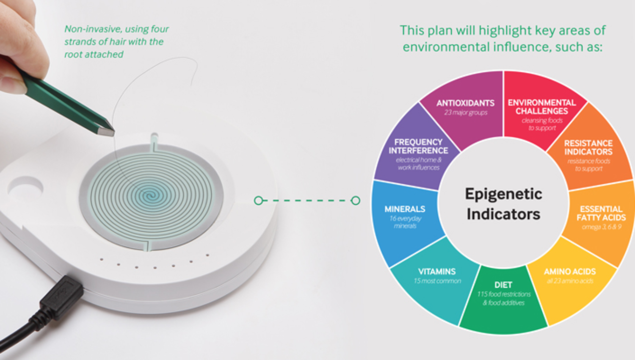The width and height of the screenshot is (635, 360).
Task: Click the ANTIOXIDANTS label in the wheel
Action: click(x=465, y=103)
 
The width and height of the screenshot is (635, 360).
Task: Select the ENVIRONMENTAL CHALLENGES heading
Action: click(x=541, y=107)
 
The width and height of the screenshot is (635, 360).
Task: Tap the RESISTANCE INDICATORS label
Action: click(x=588, y=147)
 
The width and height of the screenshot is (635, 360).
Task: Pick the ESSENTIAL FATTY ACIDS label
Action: click(x=601, y=213)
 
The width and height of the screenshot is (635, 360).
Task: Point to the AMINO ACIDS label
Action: click(x=570, y=271)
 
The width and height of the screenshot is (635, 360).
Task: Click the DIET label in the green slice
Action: click(x=503, y=285)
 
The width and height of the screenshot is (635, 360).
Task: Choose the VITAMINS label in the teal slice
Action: click(x=437, y=271)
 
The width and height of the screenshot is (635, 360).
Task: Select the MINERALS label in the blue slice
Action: click(x=405, y=209)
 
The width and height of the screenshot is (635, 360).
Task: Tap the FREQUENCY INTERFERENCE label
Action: click(x=418, y=146)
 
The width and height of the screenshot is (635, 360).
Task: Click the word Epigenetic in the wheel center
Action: click(x=503, y=194)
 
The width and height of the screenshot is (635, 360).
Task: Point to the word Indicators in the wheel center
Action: click(x=503, y=214)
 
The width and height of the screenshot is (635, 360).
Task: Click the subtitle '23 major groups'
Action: click(x=466, y=113)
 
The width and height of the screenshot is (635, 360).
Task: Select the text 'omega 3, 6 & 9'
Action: click(x=601, y=227)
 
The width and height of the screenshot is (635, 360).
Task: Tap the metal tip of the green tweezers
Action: click(x=106, y=131)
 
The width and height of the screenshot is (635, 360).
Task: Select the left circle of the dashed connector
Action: click(x=258, y=200)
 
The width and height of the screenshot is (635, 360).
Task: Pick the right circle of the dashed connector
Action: click(x=356, y=200)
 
